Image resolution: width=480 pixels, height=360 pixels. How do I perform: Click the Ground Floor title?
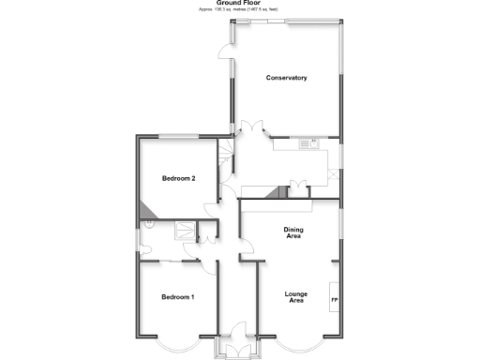240,3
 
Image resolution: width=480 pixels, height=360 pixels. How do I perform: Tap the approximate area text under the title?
240,9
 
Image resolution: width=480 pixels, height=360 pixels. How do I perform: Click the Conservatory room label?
286,77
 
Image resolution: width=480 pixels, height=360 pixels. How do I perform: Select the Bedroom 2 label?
177,178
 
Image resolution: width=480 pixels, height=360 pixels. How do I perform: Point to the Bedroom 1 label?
177,297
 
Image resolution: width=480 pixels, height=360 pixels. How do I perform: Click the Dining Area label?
292,232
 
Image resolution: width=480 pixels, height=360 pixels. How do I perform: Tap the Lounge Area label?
296,297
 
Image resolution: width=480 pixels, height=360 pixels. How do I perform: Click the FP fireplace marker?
334,299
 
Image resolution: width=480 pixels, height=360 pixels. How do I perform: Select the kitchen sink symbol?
307,143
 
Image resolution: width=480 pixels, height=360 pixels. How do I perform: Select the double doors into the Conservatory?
249,132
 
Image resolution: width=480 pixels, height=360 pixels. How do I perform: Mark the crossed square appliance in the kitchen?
336,175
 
